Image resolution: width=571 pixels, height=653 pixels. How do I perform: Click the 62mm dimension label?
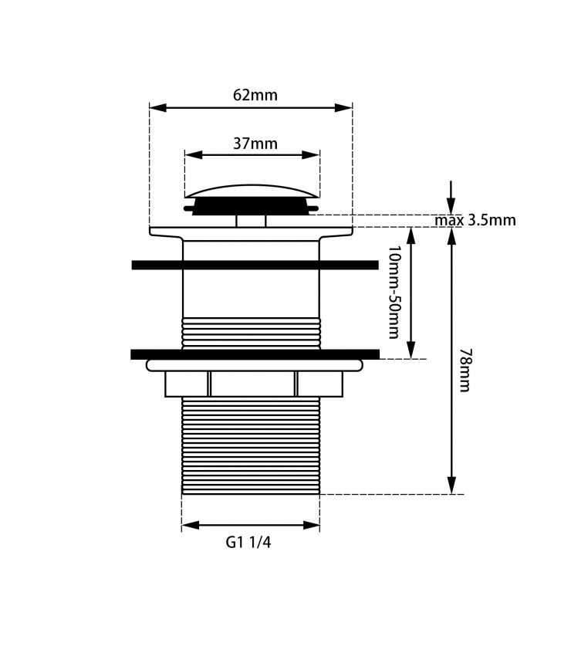(x=255, y=96)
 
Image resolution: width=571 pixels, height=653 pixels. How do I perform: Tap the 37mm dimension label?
(x=255, y=144)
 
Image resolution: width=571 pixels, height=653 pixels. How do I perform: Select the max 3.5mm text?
(x=475, y=220)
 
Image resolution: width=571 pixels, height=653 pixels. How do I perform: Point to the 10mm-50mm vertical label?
(x=394, y=292)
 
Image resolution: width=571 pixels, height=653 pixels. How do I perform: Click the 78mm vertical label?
(x=465, y=370)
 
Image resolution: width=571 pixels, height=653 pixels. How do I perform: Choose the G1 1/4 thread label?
(x=248, y=543)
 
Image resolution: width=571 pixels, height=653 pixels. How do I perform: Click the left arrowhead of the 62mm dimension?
(x=157, y=108)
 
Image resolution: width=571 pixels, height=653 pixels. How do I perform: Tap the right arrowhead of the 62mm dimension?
(x=344, y=108)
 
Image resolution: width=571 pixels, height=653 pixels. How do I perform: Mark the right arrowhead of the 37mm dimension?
(x=311, y=155)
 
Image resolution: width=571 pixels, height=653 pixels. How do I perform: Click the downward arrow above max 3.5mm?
(x=451, y=198)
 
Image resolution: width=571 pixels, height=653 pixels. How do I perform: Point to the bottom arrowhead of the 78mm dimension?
(x=451, y=486)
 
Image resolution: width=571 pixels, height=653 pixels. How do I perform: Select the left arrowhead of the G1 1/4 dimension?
(x=190, y=526)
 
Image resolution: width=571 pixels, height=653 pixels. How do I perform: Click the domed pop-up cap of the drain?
(x=252, y=191)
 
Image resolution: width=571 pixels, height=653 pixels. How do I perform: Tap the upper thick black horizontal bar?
(x=255, y=265)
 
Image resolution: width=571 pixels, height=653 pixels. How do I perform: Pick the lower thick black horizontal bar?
(x=255, y=354)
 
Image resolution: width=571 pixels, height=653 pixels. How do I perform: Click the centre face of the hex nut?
(x=253, y=384)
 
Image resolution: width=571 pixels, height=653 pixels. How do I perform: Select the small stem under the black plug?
(x=251, y=221)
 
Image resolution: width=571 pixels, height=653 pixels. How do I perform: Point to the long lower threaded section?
(x=251, y=445)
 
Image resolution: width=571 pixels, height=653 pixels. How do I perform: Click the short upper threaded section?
(x=251, y=333)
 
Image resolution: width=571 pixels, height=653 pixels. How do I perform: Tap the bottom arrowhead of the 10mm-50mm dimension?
(x=411, y=350)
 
